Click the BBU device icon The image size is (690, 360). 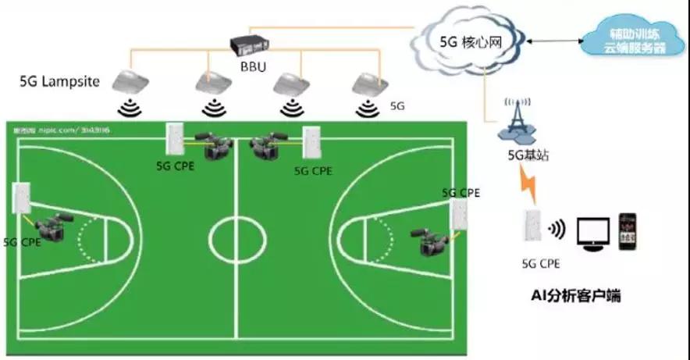pyautogui.click(x=252, y=46)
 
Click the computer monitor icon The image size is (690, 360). pyautogui.click(x=592, y=233)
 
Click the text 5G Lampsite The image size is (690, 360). pyautogui.click(x=60, y=81)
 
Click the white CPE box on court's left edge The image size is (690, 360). pyautogui.click(x=22, y=198)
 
